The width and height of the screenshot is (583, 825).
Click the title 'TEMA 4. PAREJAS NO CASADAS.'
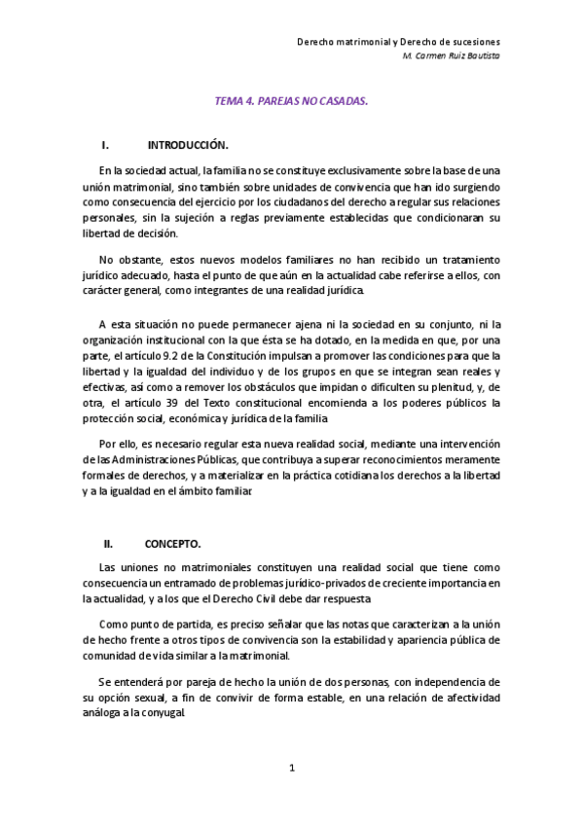click(291, 99)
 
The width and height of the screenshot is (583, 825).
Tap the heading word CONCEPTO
click(172, 545)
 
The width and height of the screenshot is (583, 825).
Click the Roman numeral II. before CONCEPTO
click(109, 545)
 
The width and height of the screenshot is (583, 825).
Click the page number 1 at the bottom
click(291, 769)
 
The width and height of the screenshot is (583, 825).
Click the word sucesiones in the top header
click(470, 43)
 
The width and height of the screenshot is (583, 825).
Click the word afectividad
click(465, 696)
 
